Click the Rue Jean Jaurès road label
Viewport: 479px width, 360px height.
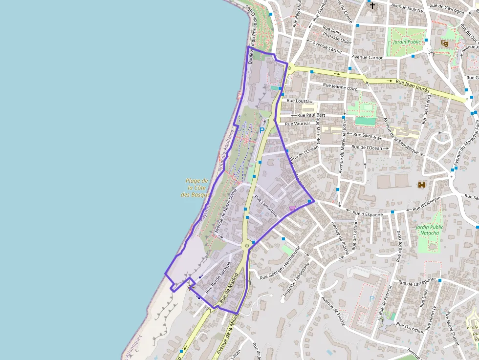pos(413,86)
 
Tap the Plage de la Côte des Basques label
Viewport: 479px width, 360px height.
pos(196,188)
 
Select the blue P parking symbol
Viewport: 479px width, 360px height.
pos(261,130)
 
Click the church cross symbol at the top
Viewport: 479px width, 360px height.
pos(372,6)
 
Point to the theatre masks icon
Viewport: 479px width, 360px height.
pos(445,43)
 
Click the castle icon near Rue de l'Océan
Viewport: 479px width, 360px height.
pos(421,184)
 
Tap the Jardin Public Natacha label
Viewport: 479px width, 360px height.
pos(430,230)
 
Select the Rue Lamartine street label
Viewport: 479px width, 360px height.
pos(266,207)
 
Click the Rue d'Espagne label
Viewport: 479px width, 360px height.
pos(368,213)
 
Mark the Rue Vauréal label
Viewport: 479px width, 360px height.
pos(297,124)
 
